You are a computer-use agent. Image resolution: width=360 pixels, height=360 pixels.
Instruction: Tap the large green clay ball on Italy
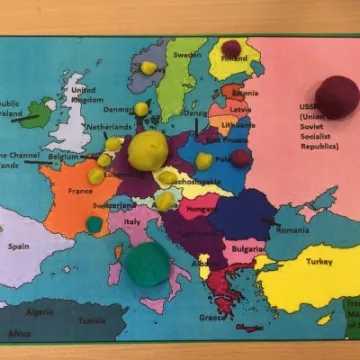tap(147, 263)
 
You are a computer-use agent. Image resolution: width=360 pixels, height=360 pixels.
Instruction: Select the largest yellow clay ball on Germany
tap(149, 150)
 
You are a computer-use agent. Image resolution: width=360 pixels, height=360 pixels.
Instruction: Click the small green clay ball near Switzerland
tap(93, 224)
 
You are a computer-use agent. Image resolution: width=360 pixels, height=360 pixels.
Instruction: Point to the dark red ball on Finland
tap(231, 49)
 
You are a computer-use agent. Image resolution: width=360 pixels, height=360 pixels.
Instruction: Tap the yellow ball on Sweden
tap(149, 68)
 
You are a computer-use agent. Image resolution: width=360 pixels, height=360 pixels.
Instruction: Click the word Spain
tap(18, 245)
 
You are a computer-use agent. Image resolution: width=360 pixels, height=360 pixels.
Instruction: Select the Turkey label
tap(319, 261)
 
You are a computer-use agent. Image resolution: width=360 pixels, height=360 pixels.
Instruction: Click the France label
tap(80, 191)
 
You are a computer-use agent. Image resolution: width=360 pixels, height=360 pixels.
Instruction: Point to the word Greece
tap(212, 318)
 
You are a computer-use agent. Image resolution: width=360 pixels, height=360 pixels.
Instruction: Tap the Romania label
tap(293, 230)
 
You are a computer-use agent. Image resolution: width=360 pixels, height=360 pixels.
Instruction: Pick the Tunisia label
tap(92, 321)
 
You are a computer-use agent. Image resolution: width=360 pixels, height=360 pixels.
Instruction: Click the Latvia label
tap(240, 108)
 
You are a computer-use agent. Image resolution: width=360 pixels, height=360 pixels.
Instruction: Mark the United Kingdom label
tap(83, 94)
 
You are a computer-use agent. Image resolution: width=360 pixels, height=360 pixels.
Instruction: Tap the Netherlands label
tap(109, 128)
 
